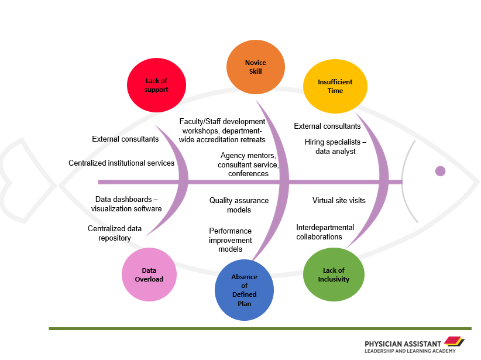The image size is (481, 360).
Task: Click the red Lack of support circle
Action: (x=156, y=85)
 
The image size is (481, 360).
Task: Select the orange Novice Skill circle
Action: (x=255, y=67)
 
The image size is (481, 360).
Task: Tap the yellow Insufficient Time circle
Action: (x=335, y=87)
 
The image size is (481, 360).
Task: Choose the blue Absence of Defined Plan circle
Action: (x=244, y=290)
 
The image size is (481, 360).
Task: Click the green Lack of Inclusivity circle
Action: (x=334, y=275)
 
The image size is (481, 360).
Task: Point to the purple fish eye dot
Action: (x=440, y=171)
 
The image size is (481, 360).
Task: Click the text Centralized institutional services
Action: (x=121, y=163)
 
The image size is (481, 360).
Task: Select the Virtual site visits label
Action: (x=339, y=200)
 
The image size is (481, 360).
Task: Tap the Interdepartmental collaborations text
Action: (x=325, y=232)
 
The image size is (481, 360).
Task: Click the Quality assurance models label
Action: (x=239, y=205)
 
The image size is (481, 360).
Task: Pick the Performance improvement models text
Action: (x=230, y=240)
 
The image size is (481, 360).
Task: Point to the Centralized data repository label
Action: (x=114, y=233)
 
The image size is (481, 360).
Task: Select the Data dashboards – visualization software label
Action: (x=128, y=204)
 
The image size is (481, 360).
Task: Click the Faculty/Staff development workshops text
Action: (x=222, y=131)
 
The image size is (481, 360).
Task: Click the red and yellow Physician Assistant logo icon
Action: (x=454, y=341)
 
